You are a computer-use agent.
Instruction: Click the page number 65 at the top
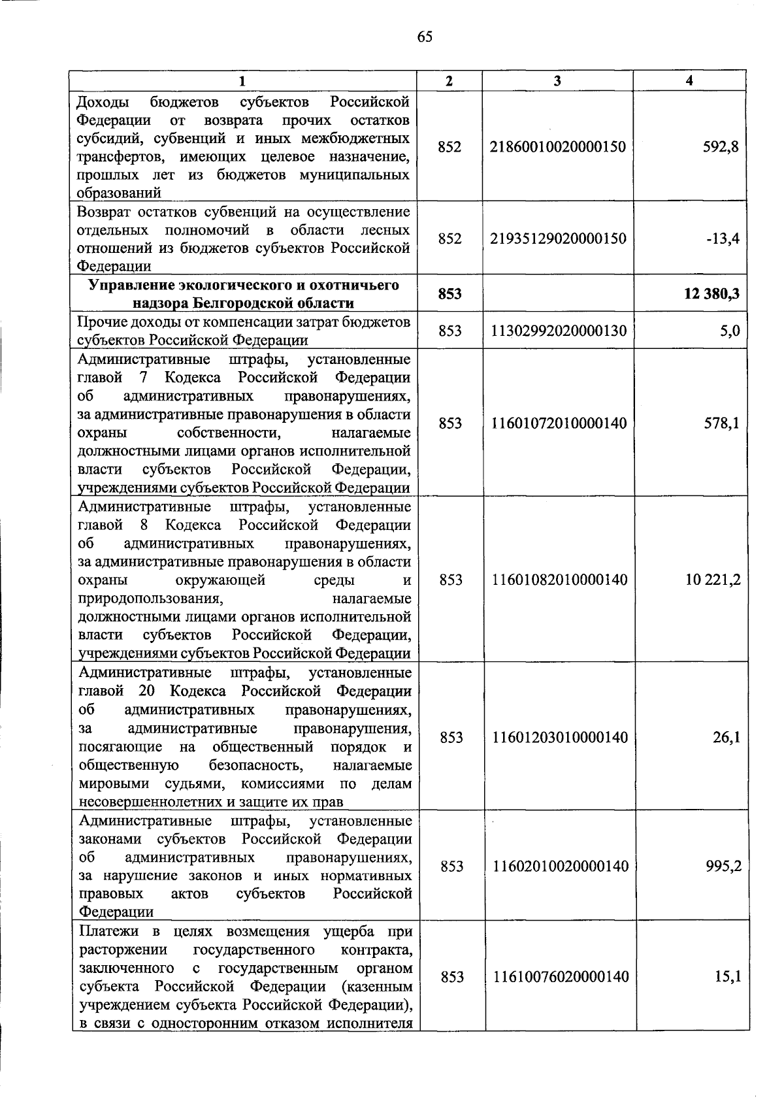click(x=424, y=37)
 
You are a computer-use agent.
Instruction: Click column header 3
click(x=557, y=81)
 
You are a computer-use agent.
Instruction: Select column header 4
click(x=689, y=81)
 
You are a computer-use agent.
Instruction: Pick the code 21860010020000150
click(x=557, y=147)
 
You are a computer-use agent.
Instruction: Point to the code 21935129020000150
click(x=557, y=239)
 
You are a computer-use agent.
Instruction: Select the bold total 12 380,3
click(x=711, y=294)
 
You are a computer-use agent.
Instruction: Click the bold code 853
click(x=449, y=294)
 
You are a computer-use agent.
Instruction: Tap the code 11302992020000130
click(x=558, y=331)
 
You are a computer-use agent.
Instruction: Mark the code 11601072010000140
click(x=558, y=423)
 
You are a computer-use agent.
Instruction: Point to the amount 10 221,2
click(x=713, y=580)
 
